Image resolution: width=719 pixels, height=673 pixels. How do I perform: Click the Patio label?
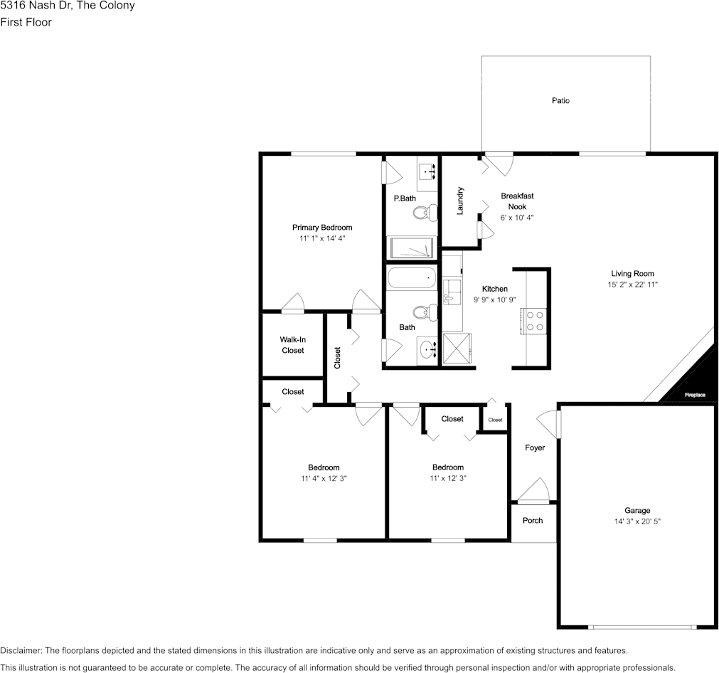pyautogui.click(x=560, y=100)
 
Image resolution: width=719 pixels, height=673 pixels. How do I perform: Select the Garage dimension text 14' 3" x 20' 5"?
pyautogui.click(x=637, y=521)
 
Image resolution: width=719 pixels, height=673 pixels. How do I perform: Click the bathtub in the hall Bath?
pyautogui.click(x=411, y=278)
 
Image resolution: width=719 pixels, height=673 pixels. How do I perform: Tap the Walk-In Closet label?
pyautogui.click(x=292, y=345)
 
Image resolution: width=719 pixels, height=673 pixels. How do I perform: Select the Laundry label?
pyautogui.click(x=460, y=201)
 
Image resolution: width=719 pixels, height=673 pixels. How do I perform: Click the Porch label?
pyautogui.click(x=533, y=520)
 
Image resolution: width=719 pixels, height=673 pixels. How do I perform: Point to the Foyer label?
pyautogui.click(x=535, y=447)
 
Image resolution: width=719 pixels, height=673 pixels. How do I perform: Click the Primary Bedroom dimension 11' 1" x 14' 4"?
pyautogui.click(x=322, y=238)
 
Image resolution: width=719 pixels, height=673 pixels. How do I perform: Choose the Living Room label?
pyautogui.click(x=632, y=273)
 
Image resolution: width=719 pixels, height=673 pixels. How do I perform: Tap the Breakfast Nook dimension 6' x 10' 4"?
pyautogui.click(x=517, y=218)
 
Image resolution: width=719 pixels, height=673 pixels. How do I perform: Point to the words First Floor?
pyautogui.click(x=26, y=22)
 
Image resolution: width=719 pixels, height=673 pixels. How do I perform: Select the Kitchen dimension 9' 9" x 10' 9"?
pyautogui.click(x=495, y=300)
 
